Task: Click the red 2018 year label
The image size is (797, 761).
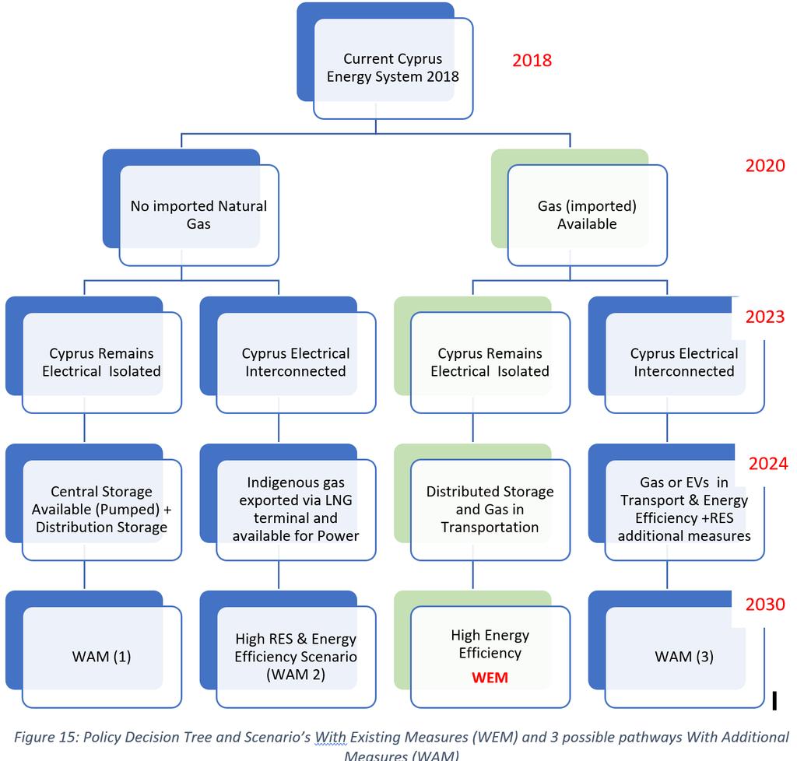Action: pyautogui.click(x=532, y=61)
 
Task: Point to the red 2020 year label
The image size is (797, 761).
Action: pyautogui.click(x=765, y=166)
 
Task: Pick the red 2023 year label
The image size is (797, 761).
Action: pyautogui.click(x=765, y=317)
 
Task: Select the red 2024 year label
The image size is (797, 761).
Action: pyautogui.click(x=768, y=463)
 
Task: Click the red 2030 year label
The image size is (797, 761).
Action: pyautogui.click(x=765, y=604)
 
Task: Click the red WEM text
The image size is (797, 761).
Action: pyautogui.click(x=490, y=678)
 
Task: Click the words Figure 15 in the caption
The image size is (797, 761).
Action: pyautogui.click(x=44, y=737)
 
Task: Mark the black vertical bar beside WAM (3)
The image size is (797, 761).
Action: pyautogui.click(x=774, y=700)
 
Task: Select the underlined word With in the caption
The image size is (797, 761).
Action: pyautogui.click(x=331, y=737)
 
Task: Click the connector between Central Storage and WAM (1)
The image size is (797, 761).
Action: pyautogui.click(x=84, y=576)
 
